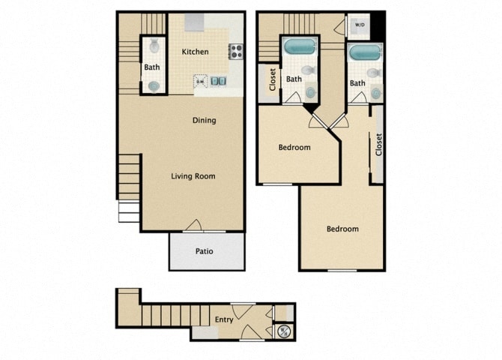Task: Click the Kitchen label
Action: click(x=196, y=52)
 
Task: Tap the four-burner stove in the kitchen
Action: click(x=236, y=52)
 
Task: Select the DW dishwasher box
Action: click(x=201, y=81)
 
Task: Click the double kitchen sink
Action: click(x=219, y=81)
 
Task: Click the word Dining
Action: click(x=204, y=120)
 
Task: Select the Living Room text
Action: click(x=193, y=177)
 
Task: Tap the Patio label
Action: click(x=205, y=251)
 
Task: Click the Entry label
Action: click(x=224, y=319)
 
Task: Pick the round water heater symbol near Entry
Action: click(x=283, y=331)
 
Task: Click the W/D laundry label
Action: click(x=359, y=25)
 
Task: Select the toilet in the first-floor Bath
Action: click(x=154, y=46)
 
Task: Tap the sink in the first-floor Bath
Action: click(x=154, y=85)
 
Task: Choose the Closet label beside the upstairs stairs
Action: click(x=272, y=79)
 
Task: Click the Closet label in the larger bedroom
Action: click(x=378, y=144)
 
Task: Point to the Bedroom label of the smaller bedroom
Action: click(x=294, y=148)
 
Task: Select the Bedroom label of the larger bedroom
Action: click(x=342, y=229)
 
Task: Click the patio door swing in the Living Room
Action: click(x=193, y=225)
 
